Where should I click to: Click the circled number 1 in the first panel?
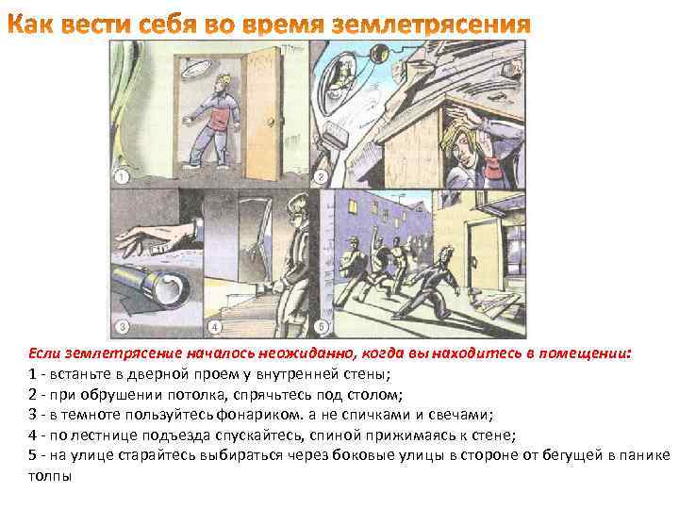tap(122, 177)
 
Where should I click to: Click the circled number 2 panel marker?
tap(321, 177)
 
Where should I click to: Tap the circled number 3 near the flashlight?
tap(122, 328)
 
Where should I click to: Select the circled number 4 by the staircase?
tap(215, 328)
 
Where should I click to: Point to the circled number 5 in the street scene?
tap(321, 328)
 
